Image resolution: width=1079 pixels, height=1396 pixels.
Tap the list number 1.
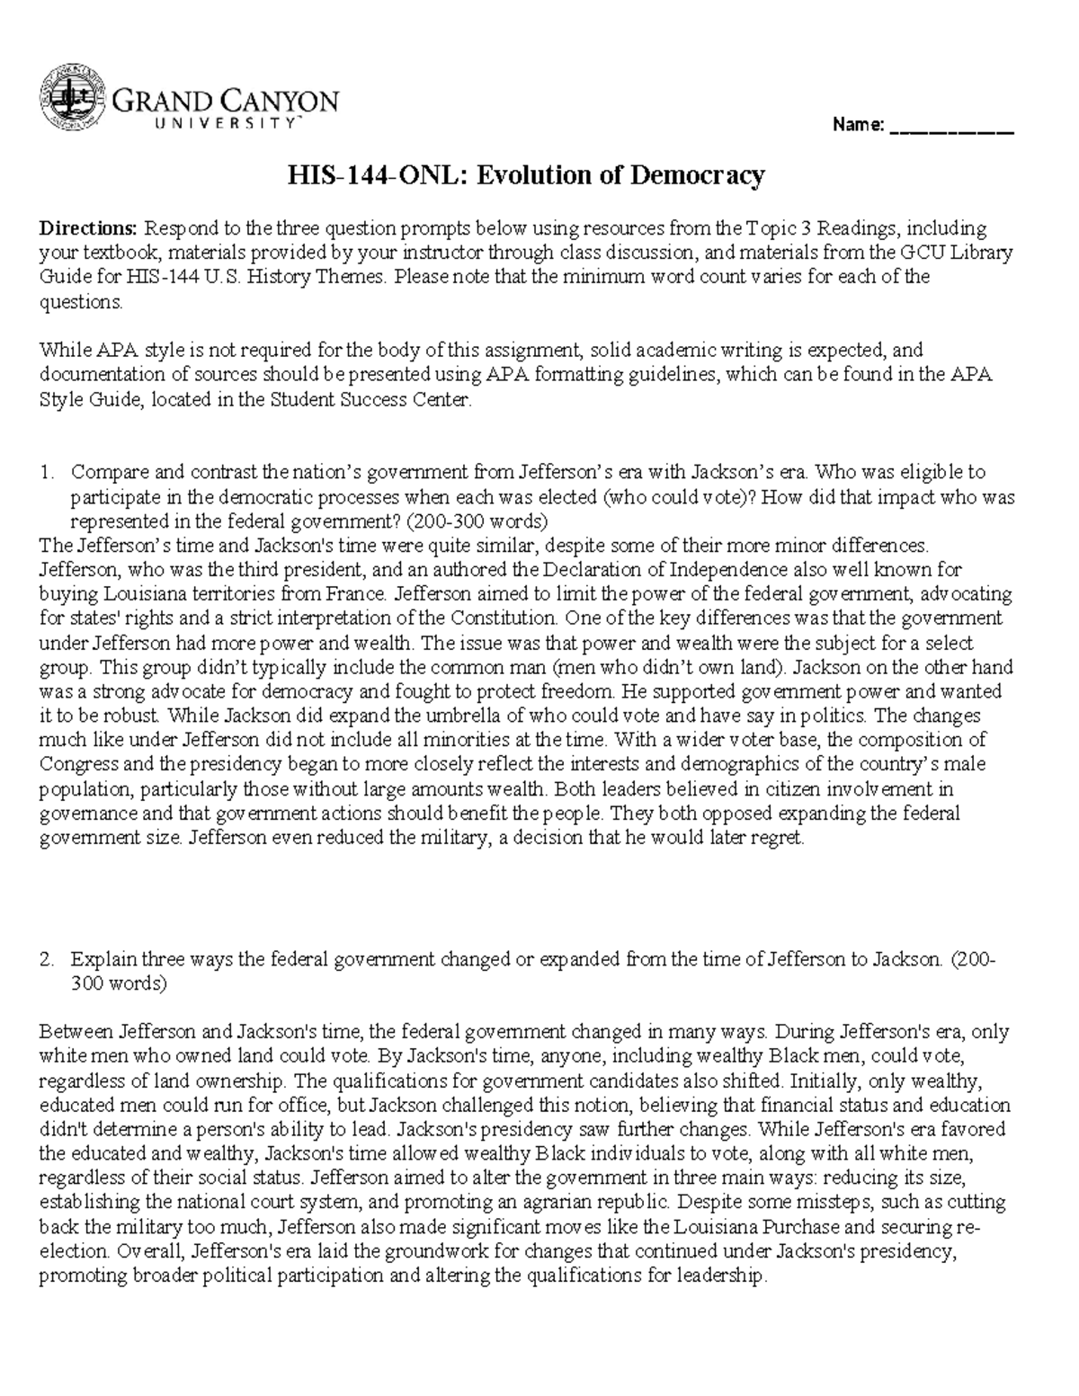pyautogui.click(x=47, y=472)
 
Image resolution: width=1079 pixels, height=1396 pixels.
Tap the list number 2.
pyautogui.click(x=47, y=959)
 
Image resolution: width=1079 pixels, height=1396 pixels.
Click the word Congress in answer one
pyautogui.click(x=74, y=765)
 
